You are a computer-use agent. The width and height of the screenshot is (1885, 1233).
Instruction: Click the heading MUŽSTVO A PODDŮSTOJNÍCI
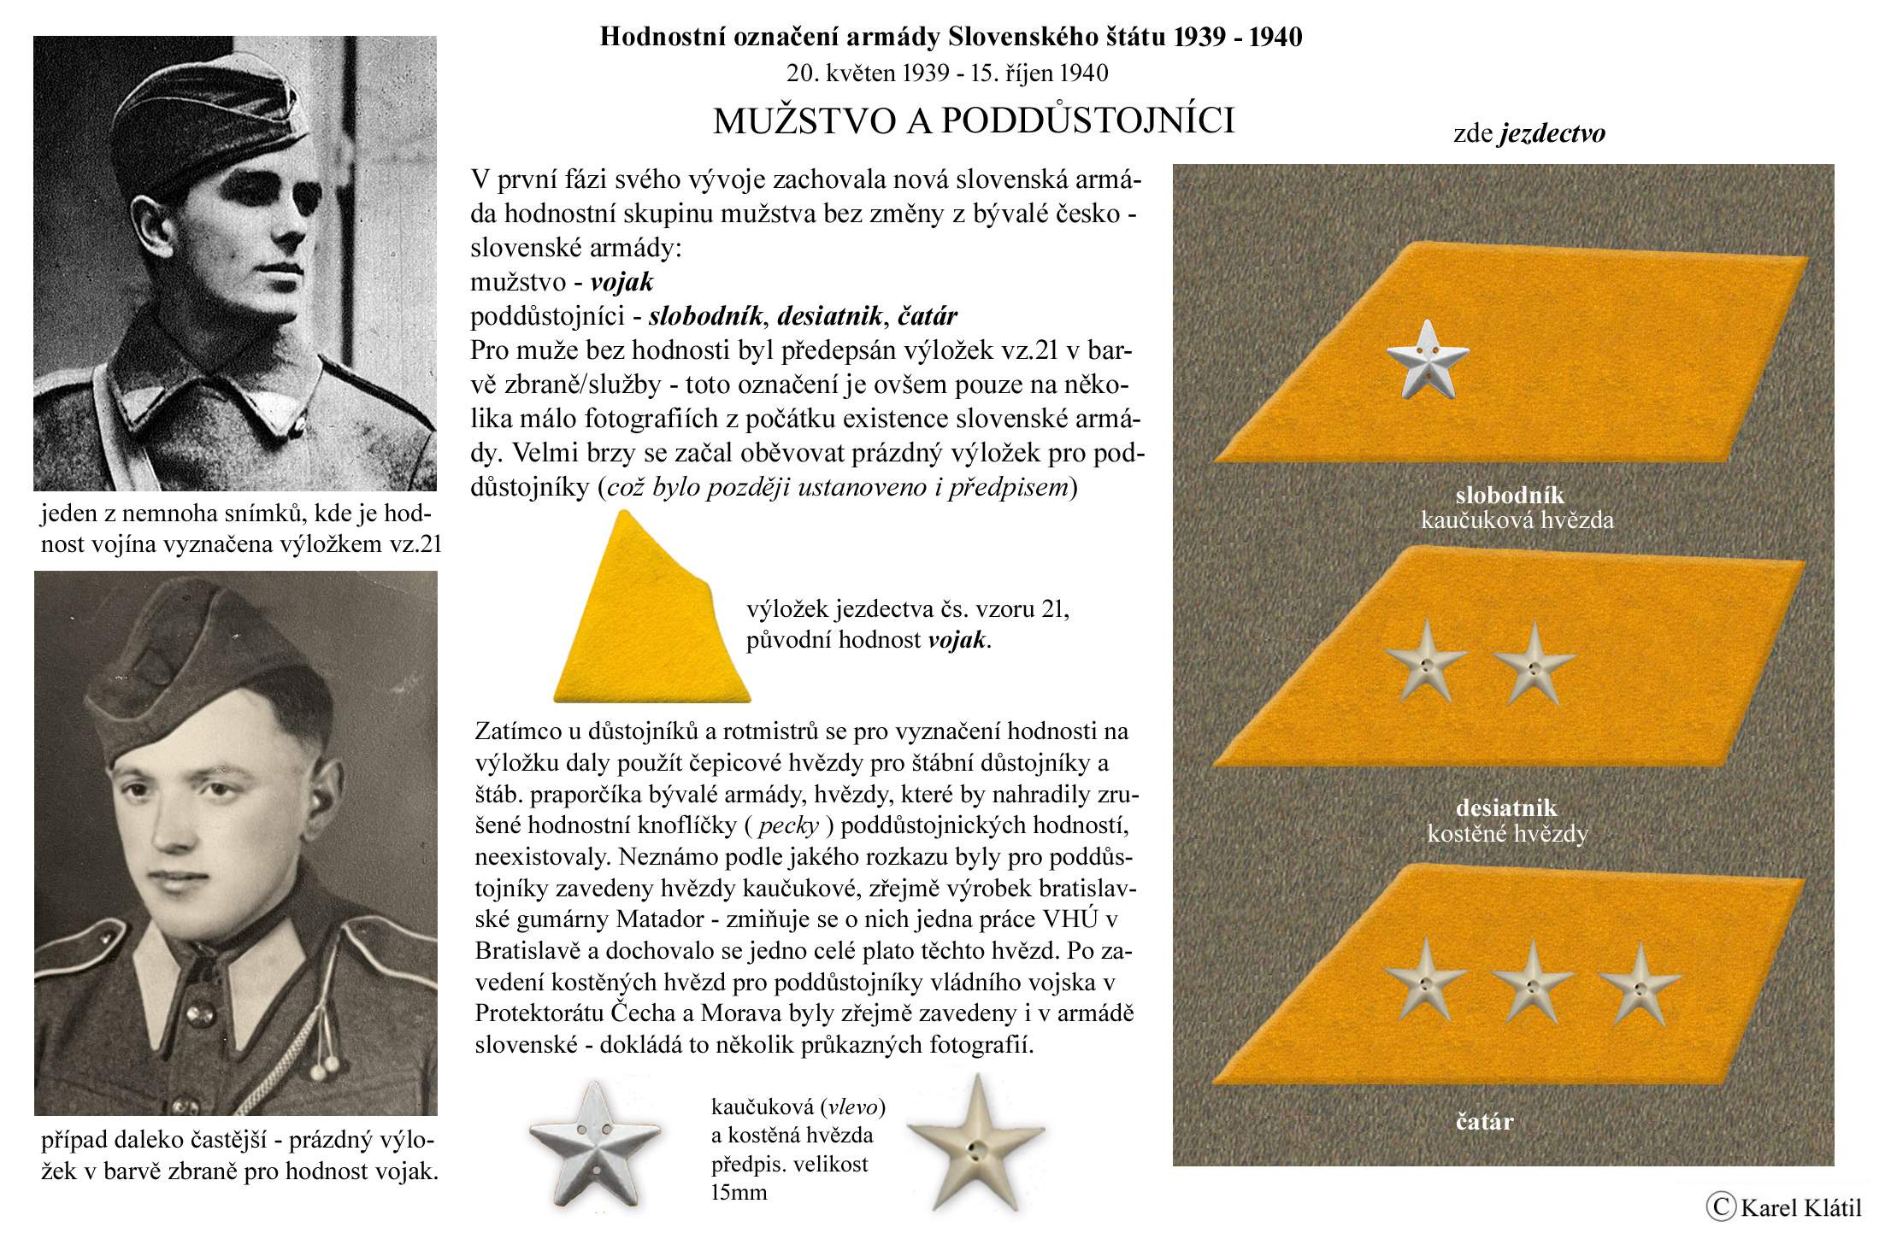(x=973, y=121)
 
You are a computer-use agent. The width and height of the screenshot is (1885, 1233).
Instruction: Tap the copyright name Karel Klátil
(x=1800, y=1207)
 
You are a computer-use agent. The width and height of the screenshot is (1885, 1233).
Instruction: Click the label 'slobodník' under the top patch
(x=1510, y=495)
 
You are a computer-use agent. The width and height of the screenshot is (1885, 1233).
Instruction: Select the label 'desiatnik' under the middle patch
(x=1506, y=807)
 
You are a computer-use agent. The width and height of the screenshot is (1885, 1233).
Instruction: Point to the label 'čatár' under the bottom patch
(x=1484, y=1121)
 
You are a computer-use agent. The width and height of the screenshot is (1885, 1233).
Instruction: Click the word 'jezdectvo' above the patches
(x=1552, y=133)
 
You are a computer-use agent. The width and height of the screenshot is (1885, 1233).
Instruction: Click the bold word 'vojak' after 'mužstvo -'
(x=621, y=281)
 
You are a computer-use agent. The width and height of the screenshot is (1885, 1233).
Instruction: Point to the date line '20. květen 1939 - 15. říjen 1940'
(x=947, y=73)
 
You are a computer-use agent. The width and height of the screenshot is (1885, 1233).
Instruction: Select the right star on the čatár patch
(x=1639, y=983)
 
